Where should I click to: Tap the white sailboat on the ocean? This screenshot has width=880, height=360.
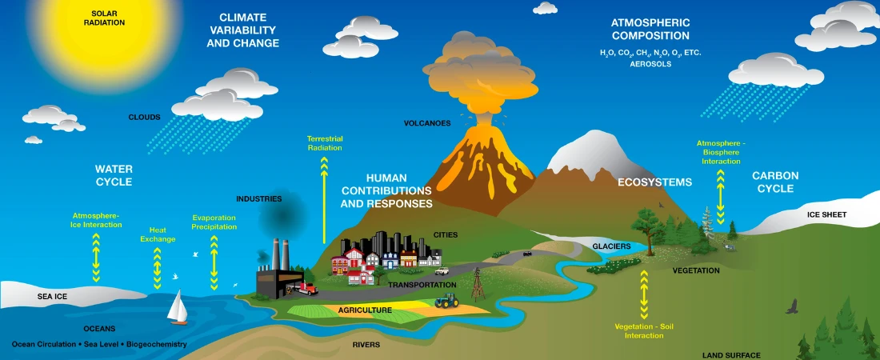pos(178,307)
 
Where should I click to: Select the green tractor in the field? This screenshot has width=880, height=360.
pos(446,302)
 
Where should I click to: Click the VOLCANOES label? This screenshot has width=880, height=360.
pos(427,123)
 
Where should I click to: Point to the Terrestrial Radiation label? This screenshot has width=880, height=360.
pos(324,143)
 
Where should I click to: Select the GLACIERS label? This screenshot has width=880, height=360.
pos(611,246)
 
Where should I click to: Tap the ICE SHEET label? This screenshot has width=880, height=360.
pos(826,214)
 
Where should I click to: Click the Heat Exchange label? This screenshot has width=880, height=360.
pos(157,234)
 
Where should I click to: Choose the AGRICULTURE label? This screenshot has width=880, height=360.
pos(365,310)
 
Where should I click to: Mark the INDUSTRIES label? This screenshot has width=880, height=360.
pos(258,198)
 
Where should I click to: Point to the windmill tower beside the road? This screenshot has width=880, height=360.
pos(478,283)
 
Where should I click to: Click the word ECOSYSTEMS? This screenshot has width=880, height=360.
pos(654,182)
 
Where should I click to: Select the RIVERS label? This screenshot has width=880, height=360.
pos(366,345)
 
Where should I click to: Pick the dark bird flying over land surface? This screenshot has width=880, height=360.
pos(792,306)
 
